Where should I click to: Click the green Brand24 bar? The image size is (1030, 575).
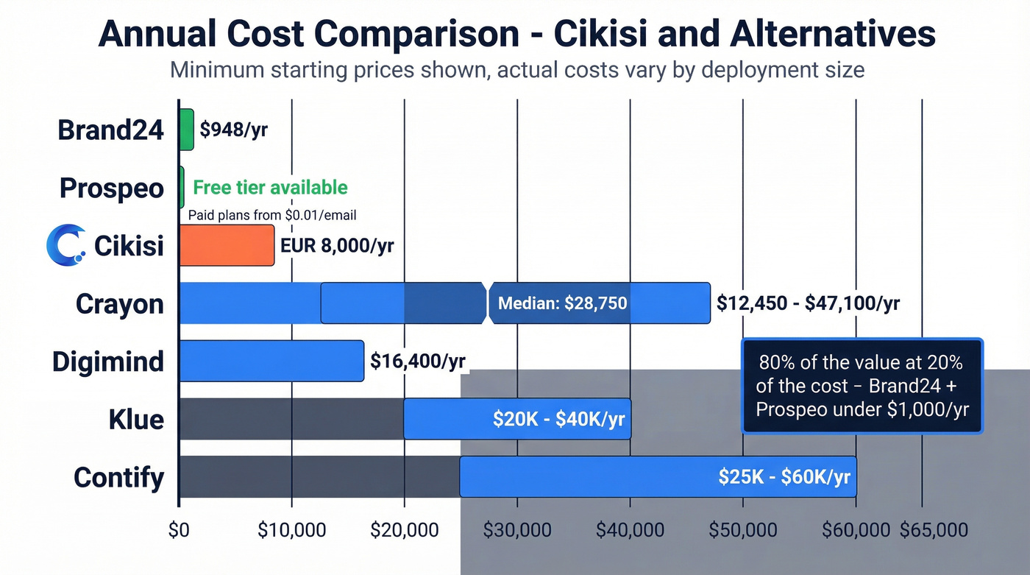click(x=187, y=130)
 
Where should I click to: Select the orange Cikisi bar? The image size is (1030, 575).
click(x=227, y=245)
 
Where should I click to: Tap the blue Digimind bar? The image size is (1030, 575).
click(x=271, y=361)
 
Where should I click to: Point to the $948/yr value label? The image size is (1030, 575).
click(x=233, y=130)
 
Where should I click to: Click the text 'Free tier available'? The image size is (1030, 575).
click(x=270, y=187)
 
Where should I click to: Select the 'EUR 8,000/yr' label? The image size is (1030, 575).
click(x=337, y=245)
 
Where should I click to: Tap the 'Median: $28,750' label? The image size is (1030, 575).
click(x=563, y=303)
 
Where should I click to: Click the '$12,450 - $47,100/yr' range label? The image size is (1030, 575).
click(x=808, y=303)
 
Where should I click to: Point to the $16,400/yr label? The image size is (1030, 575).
click(x=417, y=361)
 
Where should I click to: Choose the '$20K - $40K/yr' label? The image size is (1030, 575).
click(x=559, y=419)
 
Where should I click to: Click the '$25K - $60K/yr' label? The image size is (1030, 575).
click(x=784, y=476)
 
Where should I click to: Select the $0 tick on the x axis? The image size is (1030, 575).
click(x=179, y=530)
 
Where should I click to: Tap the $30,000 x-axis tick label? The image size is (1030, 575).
click(x=516, y=530)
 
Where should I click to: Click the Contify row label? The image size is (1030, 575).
click(x=119, y=477)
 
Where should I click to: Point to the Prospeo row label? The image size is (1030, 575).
click(x=112, y=188)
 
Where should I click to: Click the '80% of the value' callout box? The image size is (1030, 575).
click(x=862, y=386)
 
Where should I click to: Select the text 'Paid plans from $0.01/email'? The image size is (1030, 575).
click(x=272, y=215)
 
